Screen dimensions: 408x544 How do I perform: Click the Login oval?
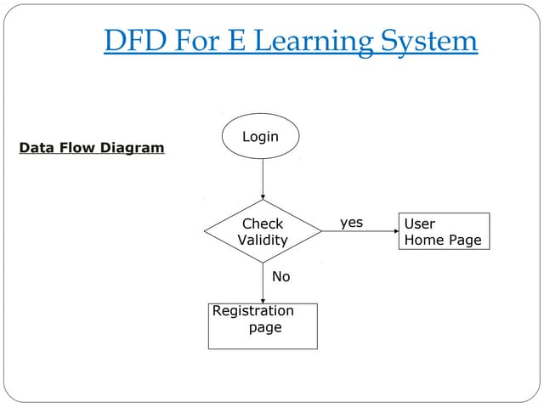tap(261, 137)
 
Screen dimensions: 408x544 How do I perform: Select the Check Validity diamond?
tap(263, 231)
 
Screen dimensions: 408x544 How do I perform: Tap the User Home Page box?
tap(444, 231)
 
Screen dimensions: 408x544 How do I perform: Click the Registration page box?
tap(263, 326)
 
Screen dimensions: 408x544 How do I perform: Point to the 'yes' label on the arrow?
tap(351, 223)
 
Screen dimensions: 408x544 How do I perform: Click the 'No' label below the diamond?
tap(280, 276)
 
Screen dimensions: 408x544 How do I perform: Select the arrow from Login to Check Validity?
tap(263, 179)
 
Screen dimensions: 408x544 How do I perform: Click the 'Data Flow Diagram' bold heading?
tap(92, 148)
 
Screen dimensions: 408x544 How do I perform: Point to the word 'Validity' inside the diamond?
tap(263, 240)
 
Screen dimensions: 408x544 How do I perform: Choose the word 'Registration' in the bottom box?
tap(253, 311)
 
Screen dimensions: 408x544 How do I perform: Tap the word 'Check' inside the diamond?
tap(263, 224)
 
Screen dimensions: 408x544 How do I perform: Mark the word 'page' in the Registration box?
tap(265, 327)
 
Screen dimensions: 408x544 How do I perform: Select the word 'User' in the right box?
tap(420, 224)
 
